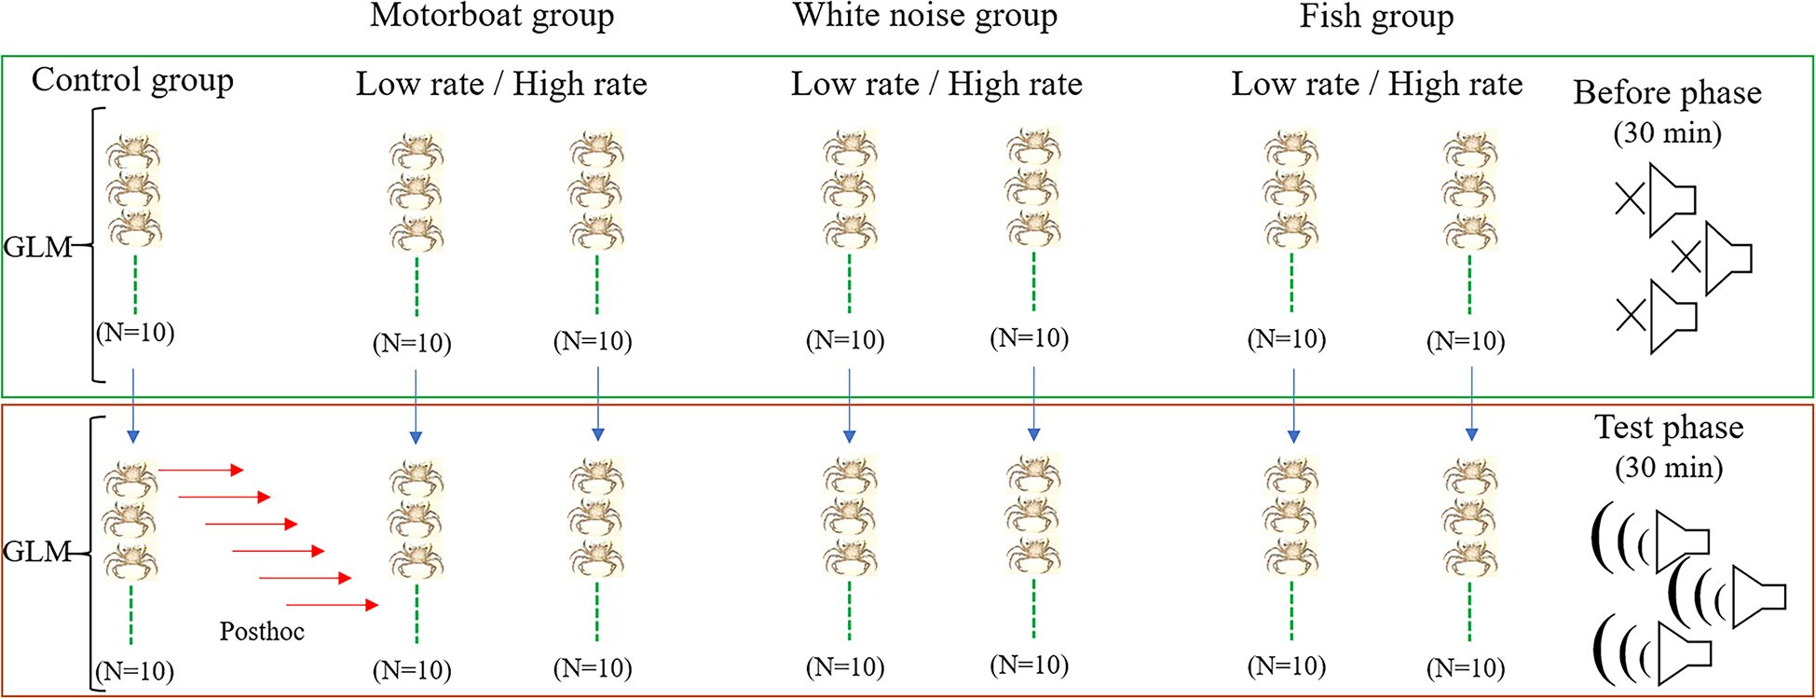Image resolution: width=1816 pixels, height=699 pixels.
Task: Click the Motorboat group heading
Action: (492, 17)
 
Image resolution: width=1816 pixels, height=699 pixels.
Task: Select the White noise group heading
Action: (925, 17)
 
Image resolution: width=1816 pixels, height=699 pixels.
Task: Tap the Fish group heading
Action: (1376, 17)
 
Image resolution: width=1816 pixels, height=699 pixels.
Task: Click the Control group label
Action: (132, 80)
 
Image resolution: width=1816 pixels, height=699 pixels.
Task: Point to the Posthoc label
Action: (262, 632)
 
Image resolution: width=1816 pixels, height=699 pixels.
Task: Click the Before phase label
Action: (1667, 93)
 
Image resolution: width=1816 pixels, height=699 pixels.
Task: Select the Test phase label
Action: (1669, 428)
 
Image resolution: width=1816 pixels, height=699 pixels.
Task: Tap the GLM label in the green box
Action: (37, 248)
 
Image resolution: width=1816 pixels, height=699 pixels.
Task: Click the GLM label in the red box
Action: (37, 552)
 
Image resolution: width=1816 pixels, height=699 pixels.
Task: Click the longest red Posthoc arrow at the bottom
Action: (332, 606)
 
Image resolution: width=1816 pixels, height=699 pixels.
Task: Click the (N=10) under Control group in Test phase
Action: (135, 671)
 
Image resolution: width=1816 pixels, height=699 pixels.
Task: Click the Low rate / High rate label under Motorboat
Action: (501, 85)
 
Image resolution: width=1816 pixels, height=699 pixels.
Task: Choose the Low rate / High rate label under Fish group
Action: (1376, 85)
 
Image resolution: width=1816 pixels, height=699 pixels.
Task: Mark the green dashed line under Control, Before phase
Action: (135, 284)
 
